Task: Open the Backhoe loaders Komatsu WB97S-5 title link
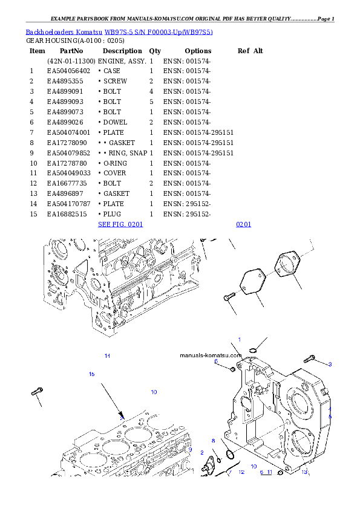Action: (119, 31)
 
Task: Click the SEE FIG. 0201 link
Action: (120, 225)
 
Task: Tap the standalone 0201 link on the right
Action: (243, 225)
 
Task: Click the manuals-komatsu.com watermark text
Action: (211, 355)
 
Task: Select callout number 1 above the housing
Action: (239, 340)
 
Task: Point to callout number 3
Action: (330, 364)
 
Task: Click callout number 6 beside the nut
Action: (216, 361)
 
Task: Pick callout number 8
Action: (213, 441)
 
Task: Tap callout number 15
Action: (91, 374)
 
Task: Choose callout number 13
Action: (304, 472)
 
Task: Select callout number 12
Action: (241, 472)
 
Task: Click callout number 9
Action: (190, 450)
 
